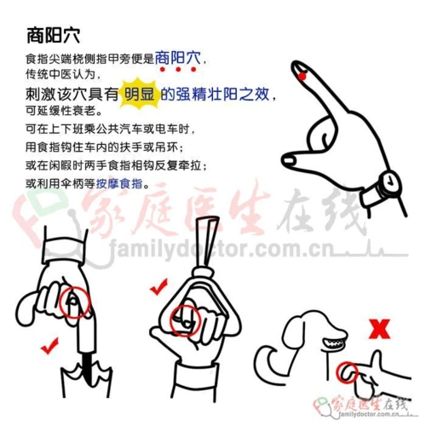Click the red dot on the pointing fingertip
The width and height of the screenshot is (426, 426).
pos(303,78)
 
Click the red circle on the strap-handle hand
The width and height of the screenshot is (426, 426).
pos(185,319)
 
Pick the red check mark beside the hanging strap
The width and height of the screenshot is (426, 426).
pos(157,288)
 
